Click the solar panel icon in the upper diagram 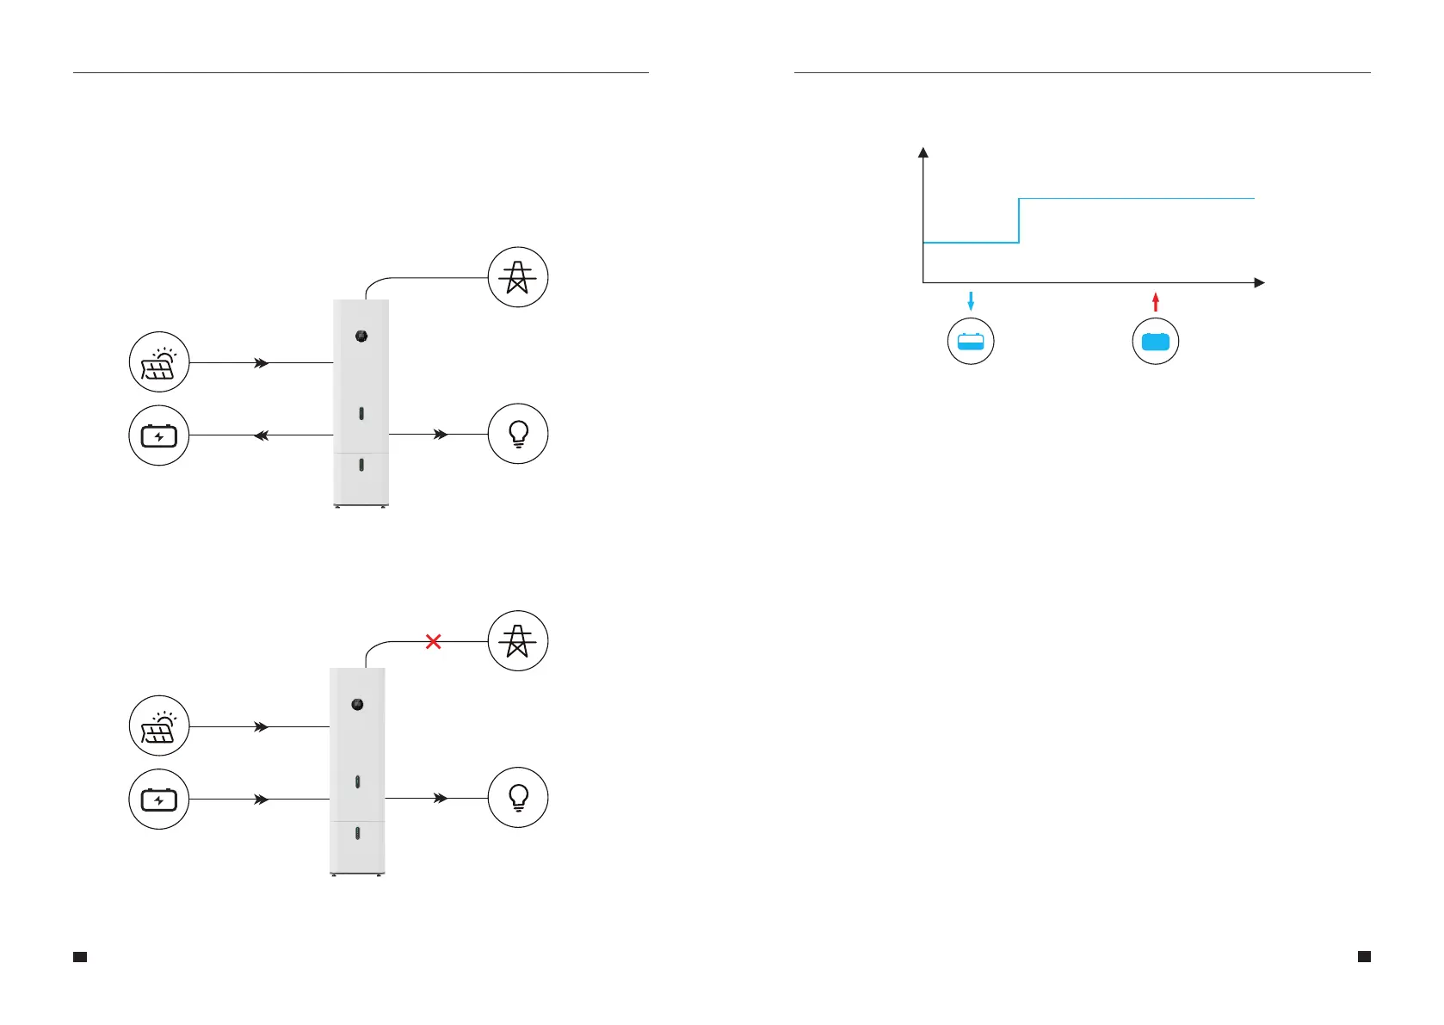159,362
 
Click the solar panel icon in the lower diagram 159,726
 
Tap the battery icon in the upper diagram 159,435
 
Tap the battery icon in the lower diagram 159,800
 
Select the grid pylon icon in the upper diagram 518,277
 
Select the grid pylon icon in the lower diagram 518,641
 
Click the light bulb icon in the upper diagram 518,434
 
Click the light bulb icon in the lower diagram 518,798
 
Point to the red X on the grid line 434,641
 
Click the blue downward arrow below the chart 971,301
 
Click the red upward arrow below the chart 1156,301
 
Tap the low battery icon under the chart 971,342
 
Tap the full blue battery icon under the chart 1156,342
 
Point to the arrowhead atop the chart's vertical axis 923,152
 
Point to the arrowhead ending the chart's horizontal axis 1260,282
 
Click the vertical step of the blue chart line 1019,221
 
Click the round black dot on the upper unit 361,336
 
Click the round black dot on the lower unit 357,705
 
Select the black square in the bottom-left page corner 80,957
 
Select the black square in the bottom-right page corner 1364,956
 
